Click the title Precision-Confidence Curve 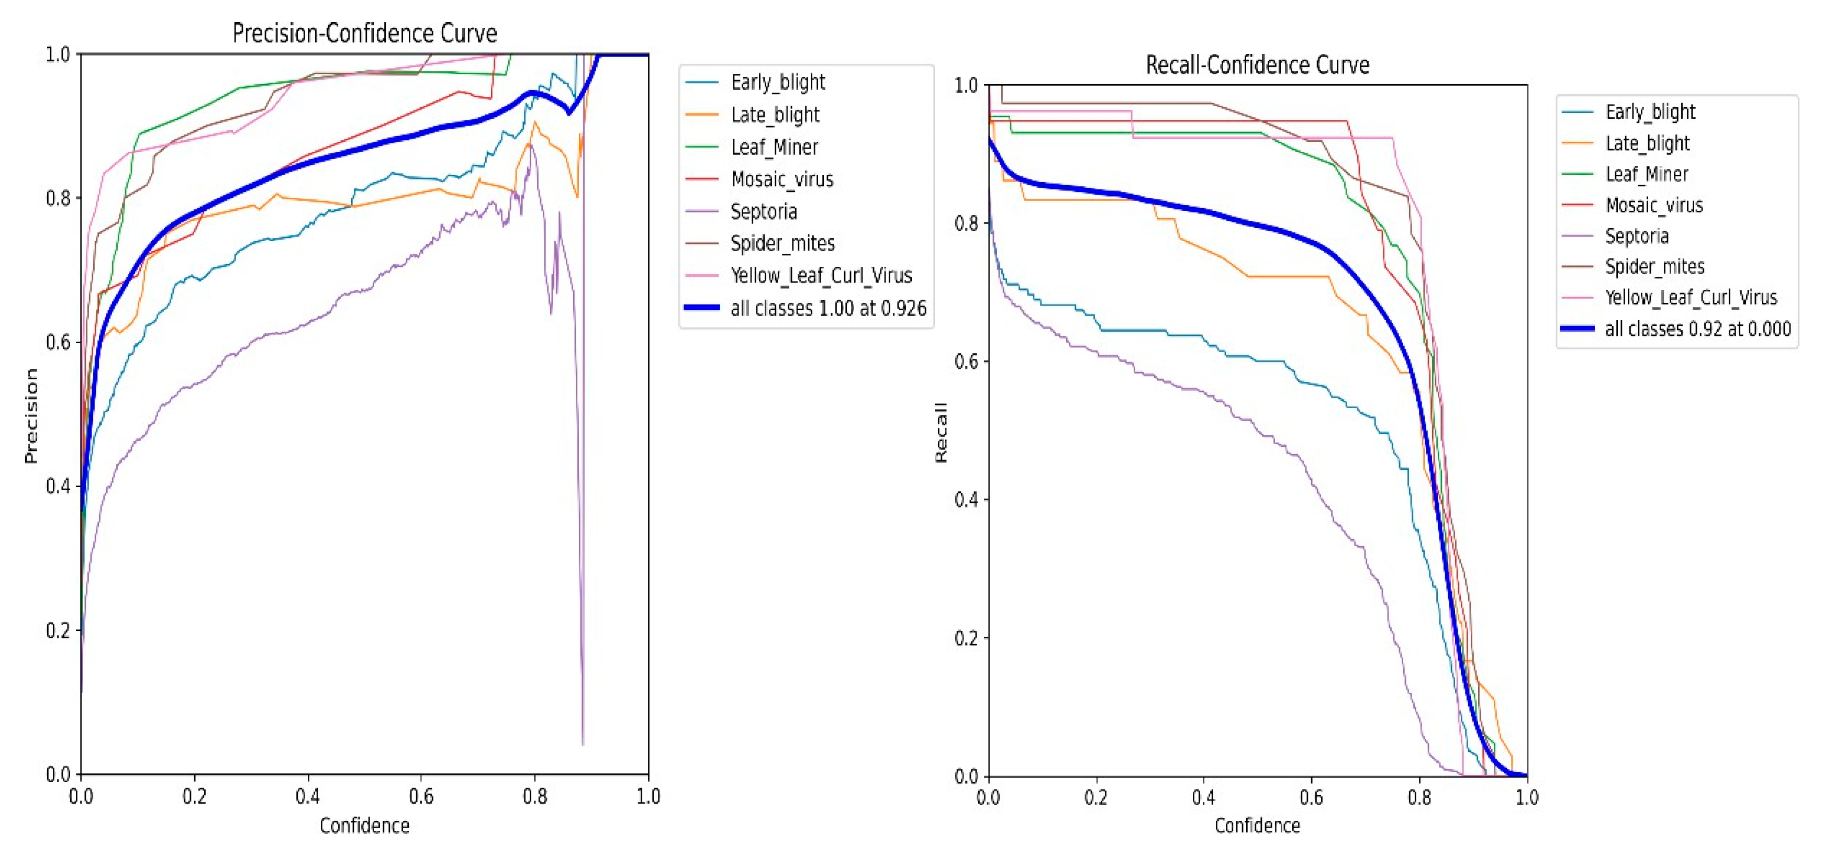(364, 33)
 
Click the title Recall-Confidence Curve (1257, 65)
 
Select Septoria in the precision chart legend (764, 211)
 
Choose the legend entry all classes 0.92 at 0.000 (1697, 329)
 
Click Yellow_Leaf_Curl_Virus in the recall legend (1691, 297)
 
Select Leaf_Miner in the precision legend (774, 147)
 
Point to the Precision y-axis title (30, 415)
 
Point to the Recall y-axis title (941, 432)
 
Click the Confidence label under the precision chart (364, 826)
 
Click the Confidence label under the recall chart (1257, 826)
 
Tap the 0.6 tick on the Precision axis (58, 342)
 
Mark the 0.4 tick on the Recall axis (967, 500)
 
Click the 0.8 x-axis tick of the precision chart (535, 797)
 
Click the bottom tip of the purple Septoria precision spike (583, 743)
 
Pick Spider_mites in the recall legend (1654, 267)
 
